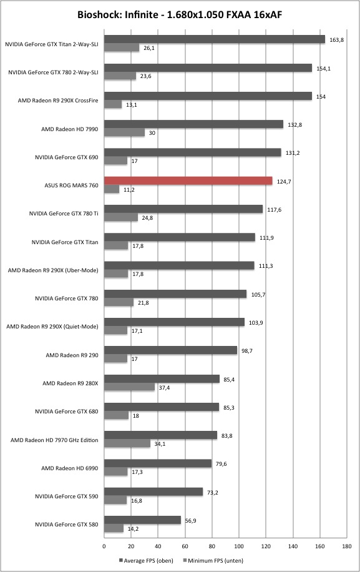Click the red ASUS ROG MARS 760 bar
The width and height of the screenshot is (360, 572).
[188, 181]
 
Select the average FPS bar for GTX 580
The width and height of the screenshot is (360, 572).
[143, 520]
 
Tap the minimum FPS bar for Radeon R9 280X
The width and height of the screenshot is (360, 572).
[130, 387]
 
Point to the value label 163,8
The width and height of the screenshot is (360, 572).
[336, 40]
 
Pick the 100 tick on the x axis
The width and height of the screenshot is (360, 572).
[239, 546]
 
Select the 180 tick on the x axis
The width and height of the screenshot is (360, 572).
[347, 546]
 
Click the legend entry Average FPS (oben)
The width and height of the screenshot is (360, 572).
[146, 560]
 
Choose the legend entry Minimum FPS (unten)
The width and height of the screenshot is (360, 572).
[213, 560]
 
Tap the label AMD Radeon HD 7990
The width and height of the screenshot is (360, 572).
[70, 129]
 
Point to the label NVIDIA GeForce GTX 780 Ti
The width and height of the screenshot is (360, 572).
[64, 214]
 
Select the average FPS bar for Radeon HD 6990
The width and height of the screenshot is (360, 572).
[158, 463]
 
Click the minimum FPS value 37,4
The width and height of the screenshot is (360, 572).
[164, 388]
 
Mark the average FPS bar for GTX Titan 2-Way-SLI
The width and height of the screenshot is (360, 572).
[215, 39]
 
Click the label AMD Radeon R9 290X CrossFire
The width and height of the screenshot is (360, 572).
[58, 101]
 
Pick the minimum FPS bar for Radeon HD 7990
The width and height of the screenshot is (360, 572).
[125, 133]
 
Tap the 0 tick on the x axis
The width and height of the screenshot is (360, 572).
[104, 546]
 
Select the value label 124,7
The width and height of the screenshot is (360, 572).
[284, 182]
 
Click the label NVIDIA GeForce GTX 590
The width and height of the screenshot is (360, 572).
[67, 496]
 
